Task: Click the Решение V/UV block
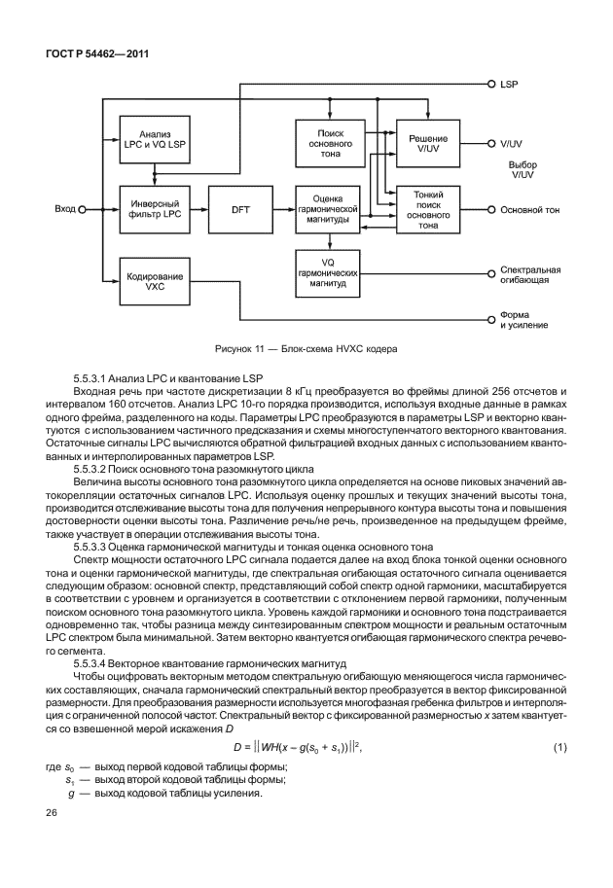[427, 143]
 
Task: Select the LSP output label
[509, 86]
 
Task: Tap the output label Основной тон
[529, 209]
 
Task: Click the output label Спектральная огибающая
[530, 273]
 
